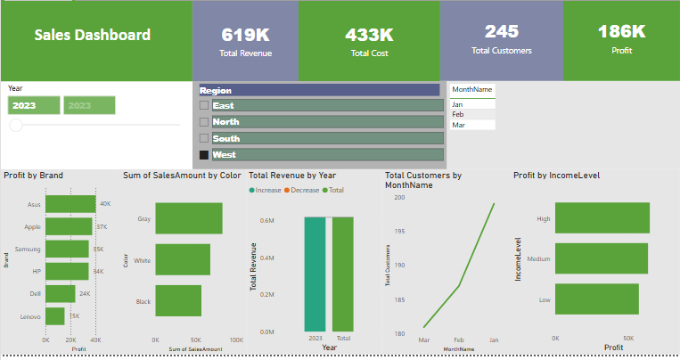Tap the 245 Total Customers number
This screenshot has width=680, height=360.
coord(502,31)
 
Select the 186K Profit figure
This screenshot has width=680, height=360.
coord(621,31)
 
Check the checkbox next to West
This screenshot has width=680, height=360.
coord(204,155)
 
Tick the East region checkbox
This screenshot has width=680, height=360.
coord(204,105)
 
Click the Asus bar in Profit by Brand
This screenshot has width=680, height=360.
coord(70,204)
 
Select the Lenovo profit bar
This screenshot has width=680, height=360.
coord(55,316)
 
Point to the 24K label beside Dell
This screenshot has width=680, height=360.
coord(85,293)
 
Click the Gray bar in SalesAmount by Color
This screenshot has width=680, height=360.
coord(189,218)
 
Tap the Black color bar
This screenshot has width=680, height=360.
coord(178,301)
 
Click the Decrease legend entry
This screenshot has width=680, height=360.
coord(306,190)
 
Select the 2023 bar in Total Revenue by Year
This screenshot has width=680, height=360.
coord(315,274)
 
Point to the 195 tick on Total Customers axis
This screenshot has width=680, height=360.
coord(398,231)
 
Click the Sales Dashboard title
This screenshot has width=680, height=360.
coord(93,36)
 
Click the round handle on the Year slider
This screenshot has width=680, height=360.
coord(16,126)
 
